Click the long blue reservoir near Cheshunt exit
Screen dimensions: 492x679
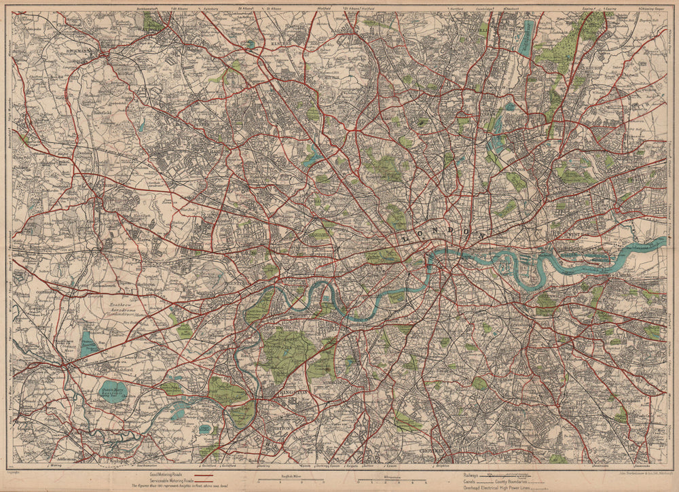526,37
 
